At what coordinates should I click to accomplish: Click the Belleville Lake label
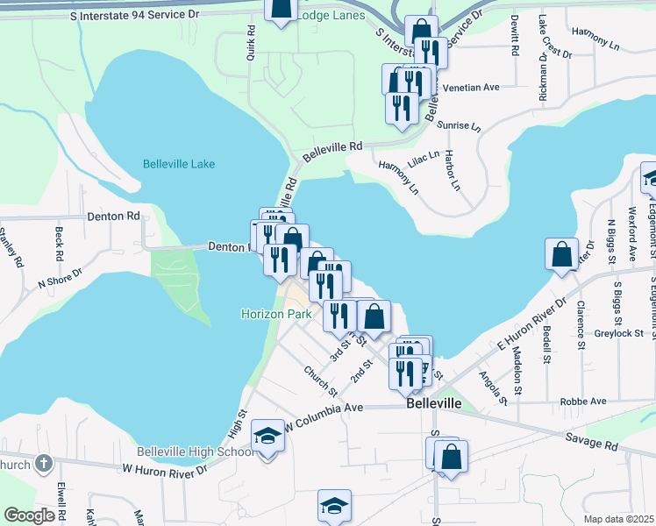click(178, 164)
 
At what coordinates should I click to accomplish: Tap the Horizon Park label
click(274, 314)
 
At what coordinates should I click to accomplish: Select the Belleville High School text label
click(213, 452)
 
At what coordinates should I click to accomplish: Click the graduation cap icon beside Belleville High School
click(267, 437)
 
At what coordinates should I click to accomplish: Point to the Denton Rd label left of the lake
click(113, 216)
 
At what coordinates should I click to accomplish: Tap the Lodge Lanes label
click(331, 16)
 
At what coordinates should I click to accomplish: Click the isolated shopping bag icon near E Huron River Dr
click(561, 255)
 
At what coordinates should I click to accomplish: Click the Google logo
click(28, 515)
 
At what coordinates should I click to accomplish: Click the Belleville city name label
click(434, 406)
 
